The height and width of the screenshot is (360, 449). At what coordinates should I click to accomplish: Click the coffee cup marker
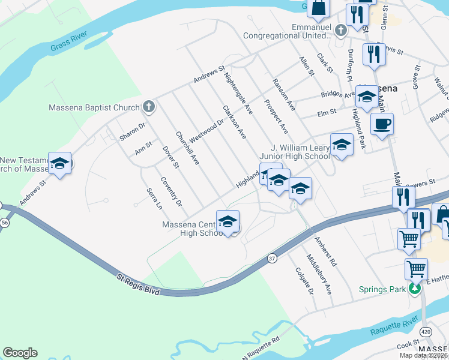(382, 125)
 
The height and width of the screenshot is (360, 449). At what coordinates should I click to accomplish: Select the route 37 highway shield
(271, 257)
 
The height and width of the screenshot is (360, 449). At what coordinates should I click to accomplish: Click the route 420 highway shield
(426, 331)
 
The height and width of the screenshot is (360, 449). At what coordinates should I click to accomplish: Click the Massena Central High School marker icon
(228, 223)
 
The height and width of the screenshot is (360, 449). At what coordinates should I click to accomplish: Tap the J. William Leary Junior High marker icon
(342, 145)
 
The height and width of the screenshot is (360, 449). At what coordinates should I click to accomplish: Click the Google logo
(20, 353)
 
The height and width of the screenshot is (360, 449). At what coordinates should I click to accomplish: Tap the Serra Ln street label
(154, 198)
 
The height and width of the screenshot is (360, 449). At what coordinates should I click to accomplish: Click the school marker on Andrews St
(59, 164)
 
